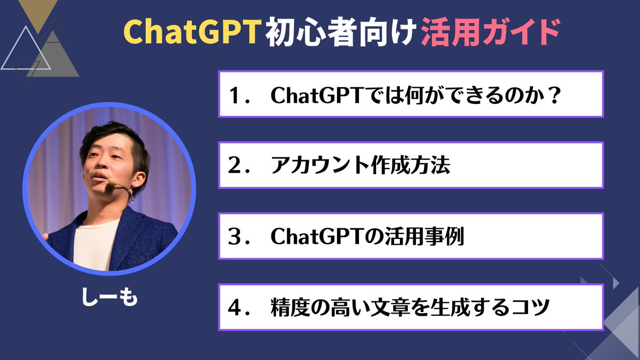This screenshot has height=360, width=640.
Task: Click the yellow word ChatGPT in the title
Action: (193, 33)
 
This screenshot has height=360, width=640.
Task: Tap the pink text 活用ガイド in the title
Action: (490, 33)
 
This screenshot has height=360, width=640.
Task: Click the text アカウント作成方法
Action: (361, 165)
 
